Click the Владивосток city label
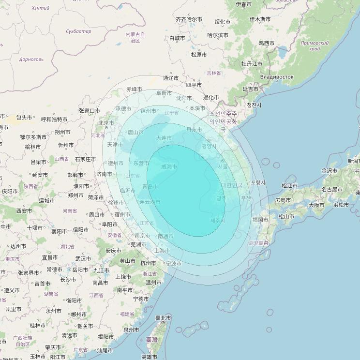276,77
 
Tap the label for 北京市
106,123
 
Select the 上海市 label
162,251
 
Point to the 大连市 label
164,138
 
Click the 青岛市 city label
150,186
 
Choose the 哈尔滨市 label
218,35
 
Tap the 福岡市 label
260,220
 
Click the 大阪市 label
316,205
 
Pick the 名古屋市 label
332,190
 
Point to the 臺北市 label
163,318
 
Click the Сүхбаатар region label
78,31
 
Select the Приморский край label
315,46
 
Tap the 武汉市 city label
83,259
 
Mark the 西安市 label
24,211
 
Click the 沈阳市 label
184,98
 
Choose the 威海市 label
169,166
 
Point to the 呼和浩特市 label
54,119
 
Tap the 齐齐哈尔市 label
189,19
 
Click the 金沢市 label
330,171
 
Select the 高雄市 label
149,357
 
